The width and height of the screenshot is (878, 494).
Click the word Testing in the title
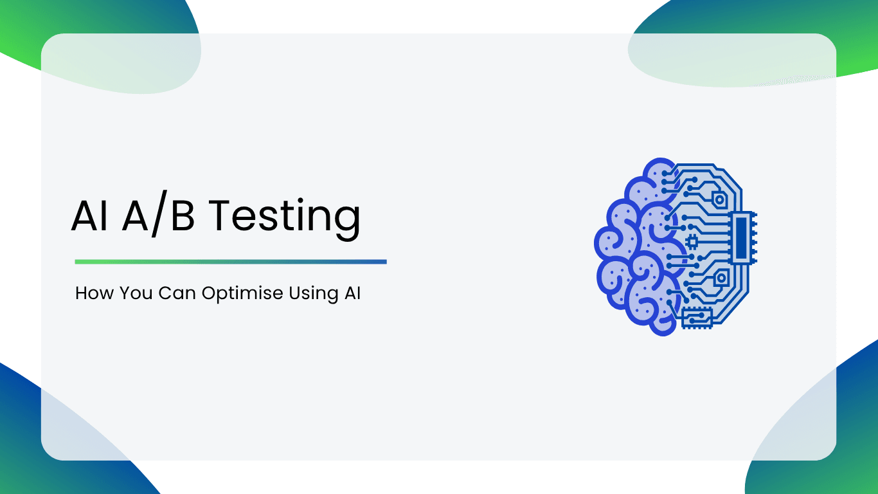click(x=284, y=219)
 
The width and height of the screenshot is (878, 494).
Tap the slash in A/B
click(x=159, y=214)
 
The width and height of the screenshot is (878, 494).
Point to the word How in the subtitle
click(x=94, y=293)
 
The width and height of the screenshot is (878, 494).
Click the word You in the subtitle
click(x=136, y=293)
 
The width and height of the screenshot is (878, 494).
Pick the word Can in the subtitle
click(x=177, y=293)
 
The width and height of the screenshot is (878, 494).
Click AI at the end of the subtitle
click(x=352, y=293)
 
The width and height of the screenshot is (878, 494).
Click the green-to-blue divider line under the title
click(x=231, y=262)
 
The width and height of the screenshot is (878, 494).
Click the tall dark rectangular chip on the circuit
click(x=741, y=238)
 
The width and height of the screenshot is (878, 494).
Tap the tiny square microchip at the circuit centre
click(x=692, y=242)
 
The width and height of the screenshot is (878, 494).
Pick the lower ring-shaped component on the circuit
click(x=721, y=278)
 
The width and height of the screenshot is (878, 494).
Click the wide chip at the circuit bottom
click(x=697, y=318)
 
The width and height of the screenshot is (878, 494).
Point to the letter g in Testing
click(x=347, y=223)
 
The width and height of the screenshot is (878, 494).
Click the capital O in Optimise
click(x=210, y=293)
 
